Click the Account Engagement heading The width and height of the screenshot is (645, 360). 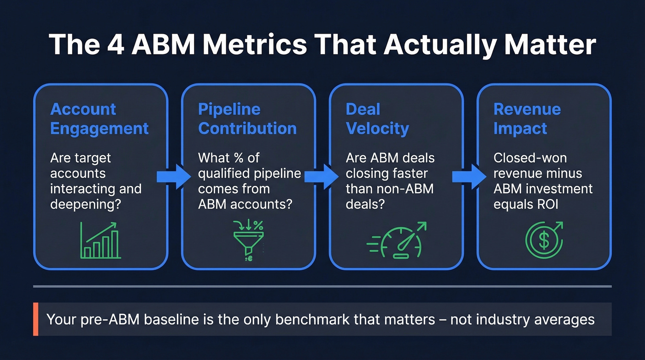[x=99, y=118]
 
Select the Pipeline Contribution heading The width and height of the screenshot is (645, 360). [x=247, y=118]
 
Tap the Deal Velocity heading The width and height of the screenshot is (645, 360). [x=377, y=118]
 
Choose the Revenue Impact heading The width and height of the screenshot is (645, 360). [x=527, y=118]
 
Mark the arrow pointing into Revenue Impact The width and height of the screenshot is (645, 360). [x=469, y=177]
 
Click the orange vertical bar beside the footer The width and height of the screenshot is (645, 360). [x=35, y=319]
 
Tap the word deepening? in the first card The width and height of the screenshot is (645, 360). [x=86, y=204]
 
